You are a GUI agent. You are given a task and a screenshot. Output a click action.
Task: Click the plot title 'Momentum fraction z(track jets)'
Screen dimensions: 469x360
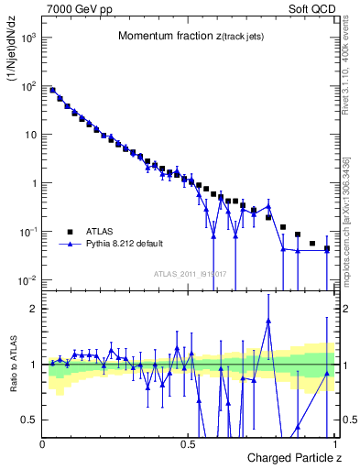tap(190, 37)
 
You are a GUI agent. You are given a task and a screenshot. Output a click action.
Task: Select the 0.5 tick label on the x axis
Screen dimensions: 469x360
tap(188, 443)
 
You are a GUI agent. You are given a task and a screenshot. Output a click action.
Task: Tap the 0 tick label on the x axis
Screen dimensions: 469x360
tap(43, 443)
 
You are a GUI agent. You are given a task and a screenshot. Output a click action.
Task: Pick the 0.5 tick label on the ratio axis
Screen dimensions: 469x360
tap(31, 420)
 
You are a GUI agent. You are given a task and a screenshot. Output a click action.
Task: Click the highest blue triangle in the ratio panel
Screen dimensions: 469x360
tap(268, 322)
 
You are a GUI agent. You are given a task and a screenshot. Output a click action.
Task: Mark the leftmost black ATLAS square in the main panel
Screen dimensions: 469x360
tap(52, 91)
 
